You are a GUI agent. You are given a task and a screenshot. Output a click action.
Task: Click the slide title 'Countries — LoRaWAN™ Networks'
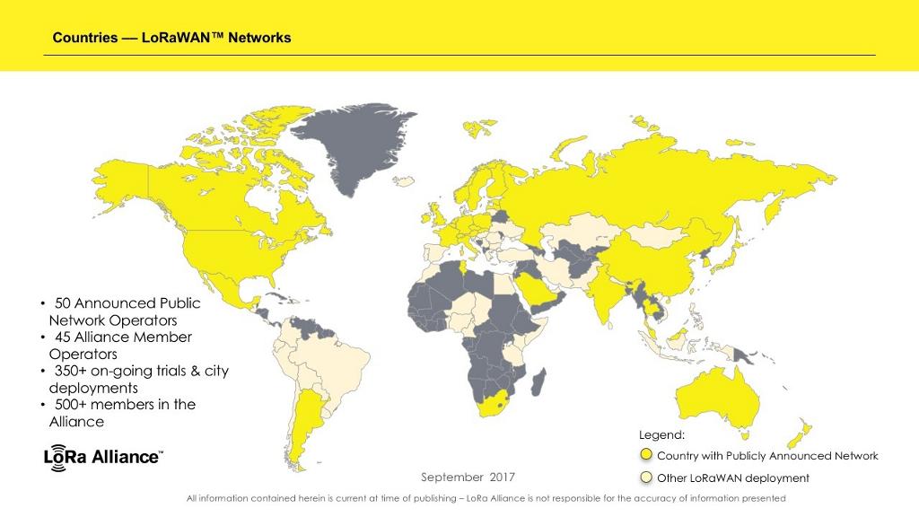point(171,38)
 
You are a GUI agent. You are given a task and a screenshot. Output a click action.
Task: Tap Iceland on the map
point(405,181)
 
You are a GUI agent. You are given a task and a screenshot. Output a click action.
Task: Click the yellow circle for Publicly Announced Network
point(646,456)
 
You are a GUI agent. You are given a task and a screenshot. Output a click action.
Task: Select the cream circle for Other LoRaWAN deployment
point(646,478)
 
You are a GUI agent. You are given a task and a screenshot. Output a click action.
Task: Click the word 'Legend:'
point(661,435)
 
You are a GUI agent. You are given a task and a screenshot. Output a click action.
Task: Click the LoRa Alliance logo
point(103,455)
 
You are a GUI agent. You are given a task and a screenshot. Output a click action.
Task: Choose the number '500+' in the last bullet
point(74,405)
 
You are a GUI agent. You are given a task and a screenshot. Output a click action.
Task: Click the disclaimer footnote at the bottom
point(486,498)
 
